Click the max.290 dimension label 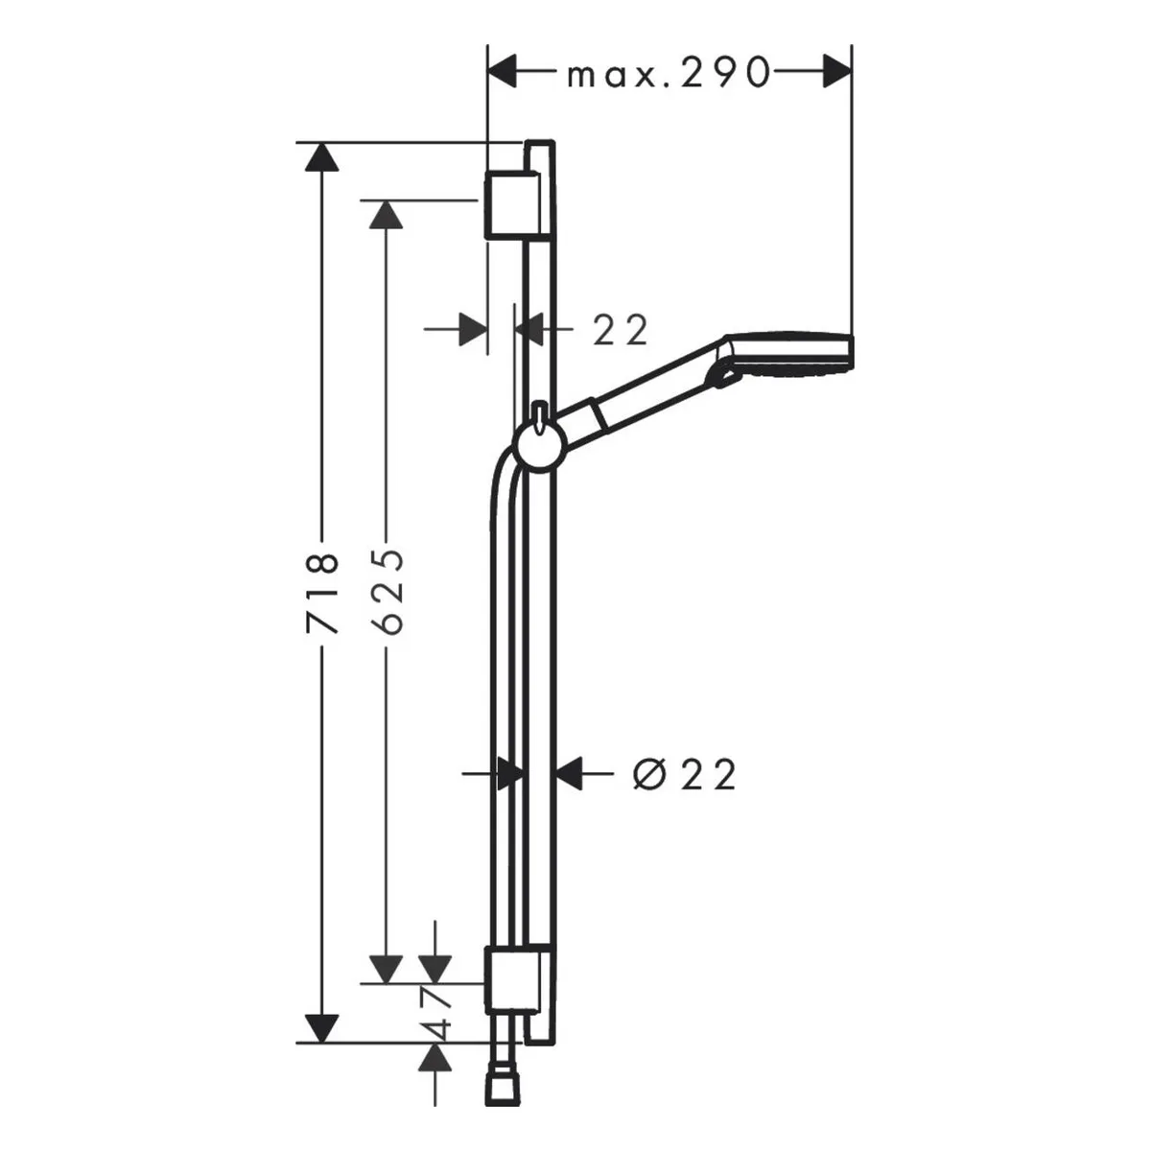pos(668,72)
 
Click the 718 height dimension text pos(322,593)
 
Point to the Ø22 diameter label pos(685,775)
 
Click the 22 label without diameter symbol pos(620,329)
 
